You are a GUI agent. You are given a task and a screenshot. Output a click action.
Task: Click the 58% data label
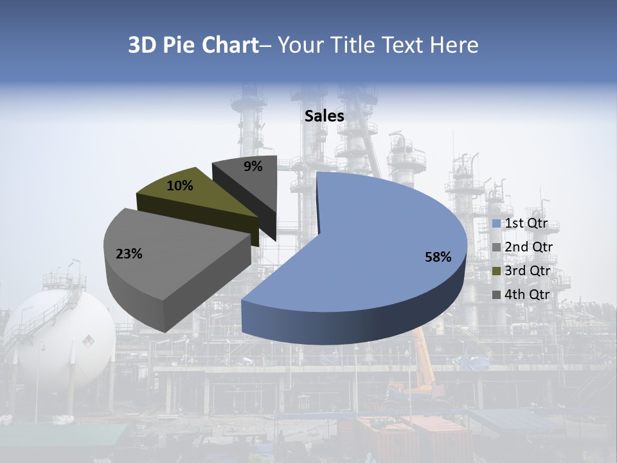click(x=438, y=257)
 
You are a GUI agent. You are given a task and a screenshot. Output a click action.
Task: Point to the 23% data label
click(x=129, y=254)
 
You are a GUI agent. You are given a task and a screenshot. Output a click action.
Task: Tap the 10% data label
click(x=179, y=186)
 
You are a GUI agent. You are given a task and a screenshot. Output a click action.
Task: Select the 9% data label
click(x=253, y=167)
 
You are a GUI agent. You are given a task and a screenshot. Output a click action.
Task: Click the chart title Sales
click(x=324, y=116)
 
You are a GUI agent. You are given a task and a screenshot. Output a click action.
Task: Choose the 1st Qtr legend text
click(x=526, y=224)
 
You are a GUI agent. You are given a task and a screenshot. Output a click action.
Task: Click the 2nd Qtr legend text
click(x=528, y=247)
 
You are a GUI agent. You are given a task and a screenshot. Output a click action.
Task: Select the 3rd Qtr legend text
click(x=528, y=271)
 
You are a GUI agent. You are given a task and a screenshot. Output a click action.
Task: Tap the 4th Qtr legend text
click(x=528, y=295)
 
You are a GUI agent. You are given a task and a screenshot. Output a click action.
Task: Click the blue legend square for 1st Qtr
click(x=496, y=224)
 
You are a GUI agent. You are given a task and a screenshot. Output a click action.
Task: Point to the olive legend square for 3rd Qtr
click(x=496, y=271)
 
